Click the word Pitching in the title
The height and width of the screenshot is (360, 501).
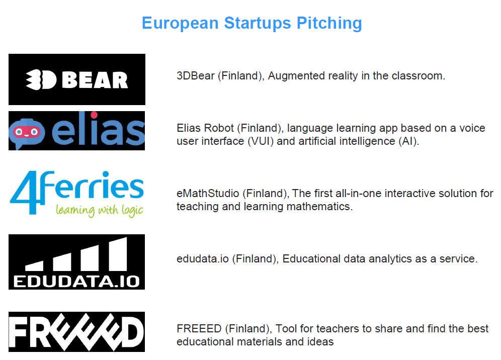tap(329, 24)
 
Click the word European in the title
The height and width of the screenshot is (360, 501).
tap(180, 23)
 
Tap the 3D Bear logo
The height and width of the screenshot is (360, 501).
tap(77, 79)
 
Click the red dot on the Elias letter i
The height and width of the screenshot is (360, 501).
tap(94, 115)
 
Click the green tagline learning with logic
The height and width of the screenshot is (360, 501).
tap(100, 211)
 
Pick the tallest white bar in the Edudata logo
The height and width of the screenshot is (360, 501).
tap(118, 254)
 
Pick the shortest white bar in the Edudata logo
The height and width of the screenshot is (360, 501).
tap(34, 266)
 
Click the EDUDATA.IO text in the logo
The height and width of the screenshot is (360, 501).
tap(76, 282)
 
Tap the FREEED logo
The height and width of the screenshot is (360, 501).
tap(76, 332)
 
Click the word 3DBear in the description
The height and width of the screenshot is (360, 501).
tap(196, 76)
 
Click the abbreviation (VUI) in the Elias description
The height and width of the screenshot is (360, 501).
tap(261, 141)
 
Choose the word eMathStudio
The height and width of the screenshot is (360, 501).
tap(208, 193)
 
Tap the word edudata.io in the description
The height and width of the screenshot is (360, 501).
tap(203, 258)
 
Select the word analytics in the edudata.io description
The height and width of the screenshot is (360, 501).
tap(390, 259)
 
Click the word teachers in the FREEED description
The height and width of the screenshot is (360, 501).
tap(342, 329)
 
